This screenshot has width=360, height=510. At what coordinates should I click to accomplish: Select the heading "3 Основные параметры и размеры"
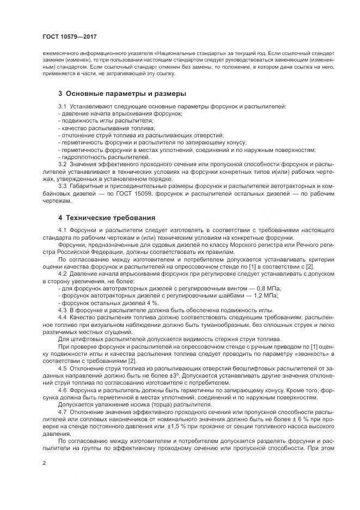coord(122,94)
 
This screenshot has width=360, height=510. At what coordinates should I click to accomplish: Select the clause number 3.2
coord(62,164)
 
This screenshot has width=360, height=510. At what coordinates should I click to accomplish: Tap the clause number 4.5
coord(62,369)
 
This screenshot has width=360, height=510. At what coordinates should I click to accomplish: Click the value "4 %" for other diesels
coord(151,302)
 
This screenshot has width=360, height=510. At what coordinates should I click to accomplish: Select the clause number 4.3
coord(62,309)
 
